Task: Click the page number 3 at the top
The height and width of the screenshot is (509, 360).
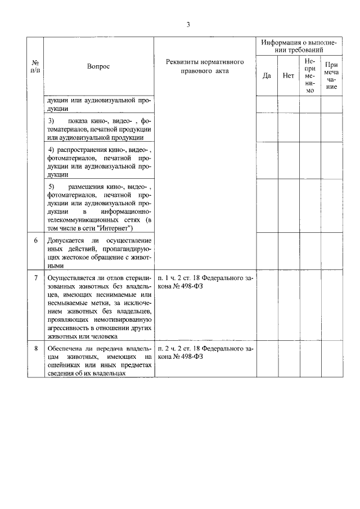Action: coord(188,24)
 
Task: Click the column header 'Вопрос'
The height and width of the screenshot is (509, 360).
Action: coord(98,66)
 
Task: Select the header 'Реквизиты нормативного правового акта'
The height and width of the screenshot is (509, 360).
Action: coord(204,66)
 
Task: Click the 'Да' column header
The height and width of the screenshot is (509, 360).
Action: coord(267,75)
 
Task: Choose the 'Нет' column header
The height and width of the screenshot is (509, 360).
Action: coord(289,75)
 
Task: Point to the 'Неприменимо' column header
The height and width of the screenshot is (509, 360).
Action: coord(310,75)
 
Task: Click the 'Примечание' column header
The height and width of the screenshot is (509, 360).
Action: coord(331,75)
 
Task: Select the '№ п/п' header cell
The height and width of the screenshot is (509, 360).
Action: coord(35,66)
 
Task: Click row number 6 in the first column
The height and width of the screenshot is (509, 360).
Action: coord(35,241)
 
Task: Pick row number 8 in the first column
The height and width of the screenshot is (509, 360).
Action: coord(35,349)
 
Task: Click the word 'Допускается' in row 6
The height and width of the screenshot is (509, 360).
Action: coord(65,241)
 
